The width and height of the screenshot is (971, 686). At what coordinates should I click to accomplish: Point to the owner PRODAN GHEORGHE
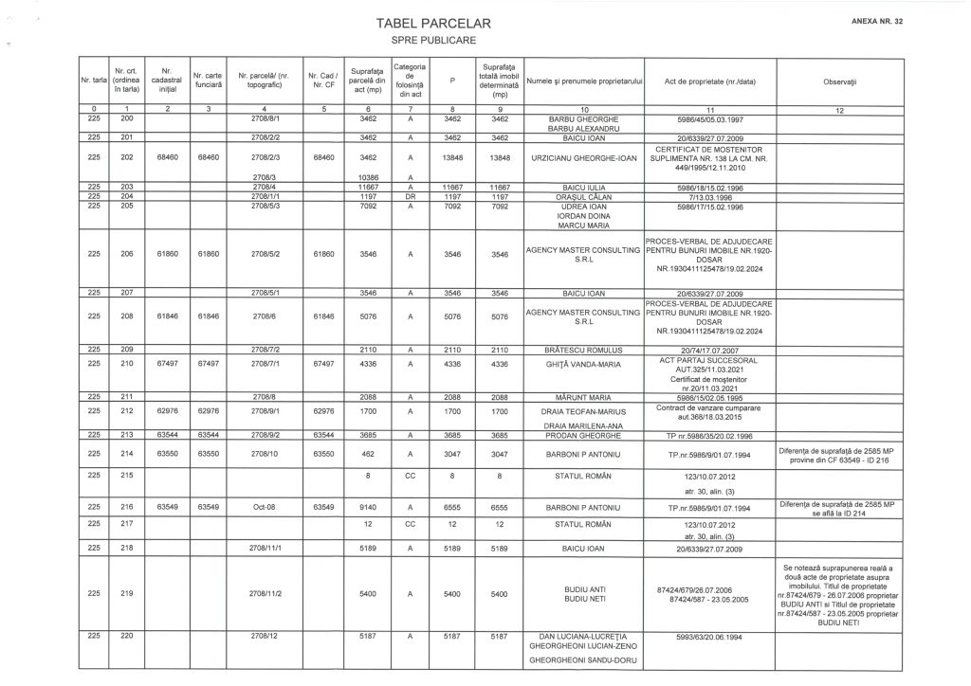coord(584,436)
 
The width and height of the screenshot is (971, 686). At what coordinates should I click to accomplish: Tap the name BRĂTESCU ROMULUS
coord(584,349)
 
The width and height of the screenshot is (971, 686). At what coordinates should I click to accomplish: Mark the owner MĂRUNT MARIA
coord(584,397)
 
